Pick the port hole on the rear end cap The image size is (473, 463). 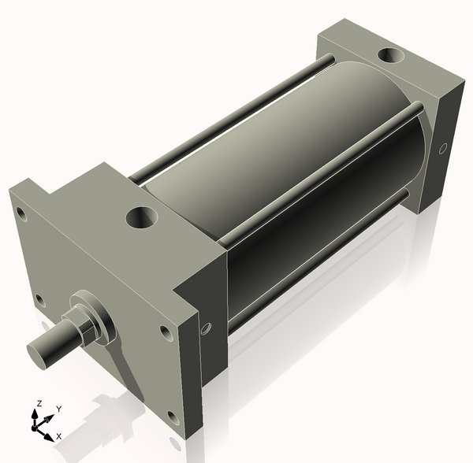point(389,56)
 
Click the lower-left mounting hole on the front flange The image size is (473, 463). point(39,299)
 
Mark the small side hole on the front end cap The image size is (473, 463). point(207,328)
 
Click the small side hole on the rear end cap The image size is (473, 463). point(443,147)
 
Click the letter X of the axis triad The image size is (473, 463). point(59,435)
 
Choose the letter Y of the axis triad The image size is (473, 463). point(58,409)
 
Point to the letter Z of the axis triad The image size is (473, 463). point(38,403)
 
